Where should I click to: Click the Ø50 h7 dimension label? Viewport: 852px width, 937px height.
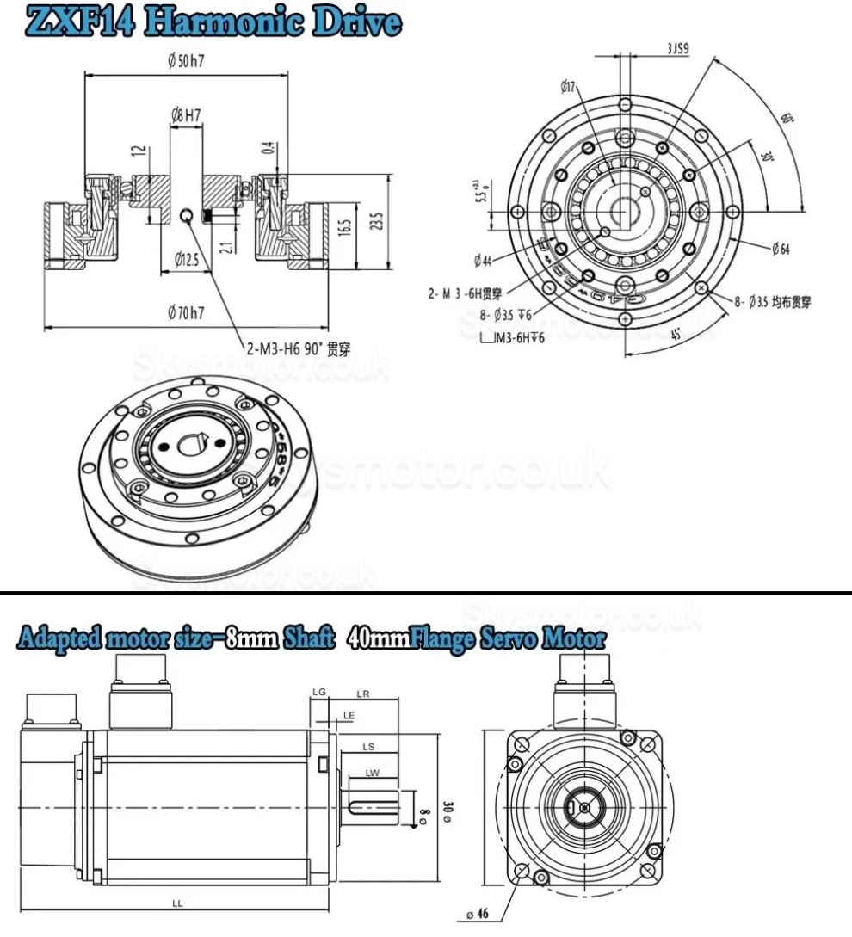pyautogui.click(x=190, y=61)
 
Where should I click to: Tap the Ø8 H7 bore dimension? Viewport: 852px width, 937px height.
pyautogui.click(x=187, y=114)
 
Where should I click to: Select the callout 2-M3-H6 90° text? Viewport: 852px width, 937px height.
pyautogui.click(x=298, y=348)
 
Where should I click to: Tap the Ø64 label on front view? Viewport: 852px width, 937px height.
pyautogui.click(x=781, y=250)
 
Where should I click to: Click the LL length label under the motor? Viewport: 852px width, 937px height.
pyautogui.click(x=176, y=903)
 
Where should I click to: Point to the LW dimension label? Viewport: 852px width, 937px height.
pyautogui.click(x=372, y=773)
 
